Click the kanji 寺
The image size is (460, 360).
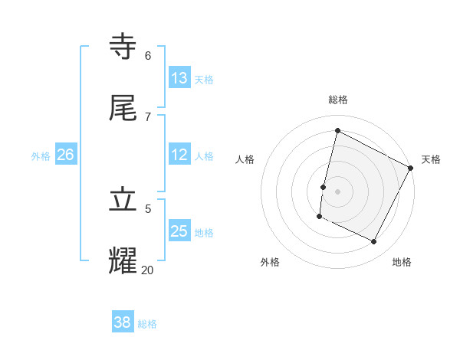[126, 47]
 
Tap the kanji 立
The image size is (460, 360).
[126, 200]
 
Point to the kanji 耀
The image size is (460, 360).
[126, 260]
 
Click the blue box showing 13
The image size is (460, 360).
[179, 77]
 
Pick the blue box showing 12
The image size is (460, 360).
[179, 155]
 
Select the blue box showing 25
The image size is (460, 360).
[179, 231]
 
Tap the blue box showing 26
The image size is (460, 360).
[65, 155]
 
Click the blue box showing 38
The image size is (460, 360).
[123, 322]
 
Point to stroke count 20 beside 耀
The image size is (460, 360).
[148, 270]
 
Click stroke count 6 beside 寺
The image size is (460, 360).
[148, 56]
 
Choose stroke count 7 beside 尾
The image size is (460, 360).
[148, 116]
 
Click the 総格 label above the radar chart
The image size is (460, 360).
[338, 100]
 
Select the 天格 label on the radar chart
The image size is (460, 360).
[431, 159]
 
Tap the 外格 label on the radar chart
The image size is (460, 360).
[270, 262]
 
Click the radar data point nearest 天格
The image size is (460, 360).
[411, 168]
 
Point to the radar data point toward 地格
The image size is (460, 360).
[374, 242]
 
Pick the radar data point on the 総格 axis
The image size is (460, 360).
[337, 131]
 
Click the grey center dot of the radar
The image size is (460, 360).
[337, 191]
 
